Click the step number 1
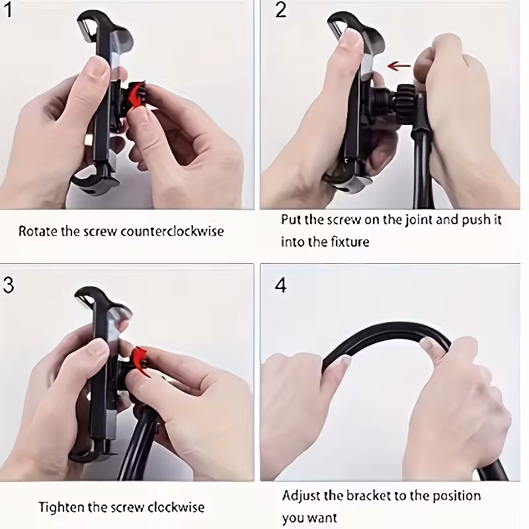click(x=8, y=9)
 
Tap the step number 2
click(x=280, y=9)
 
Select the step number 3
click(x=9, y=285)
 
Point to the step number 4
click(x=280, y=285)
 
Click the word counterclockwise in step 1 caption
click(x=172, y=231)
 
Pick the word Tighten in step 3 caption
click(x=61, y=507)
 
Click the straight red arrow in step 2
click(x=399, y=65)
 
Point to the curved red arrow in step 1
click(x=137, y=95)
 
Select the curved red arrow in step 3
click(x=141, y=361)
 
